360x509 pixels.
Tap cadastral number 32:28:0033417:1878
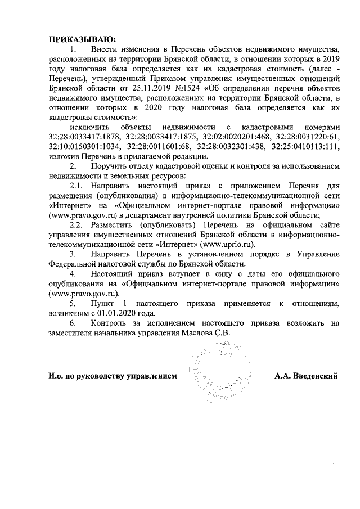83,137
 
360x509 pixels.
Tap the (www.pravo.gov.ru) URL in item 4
84,294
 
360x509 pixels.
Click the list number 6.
73,323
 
